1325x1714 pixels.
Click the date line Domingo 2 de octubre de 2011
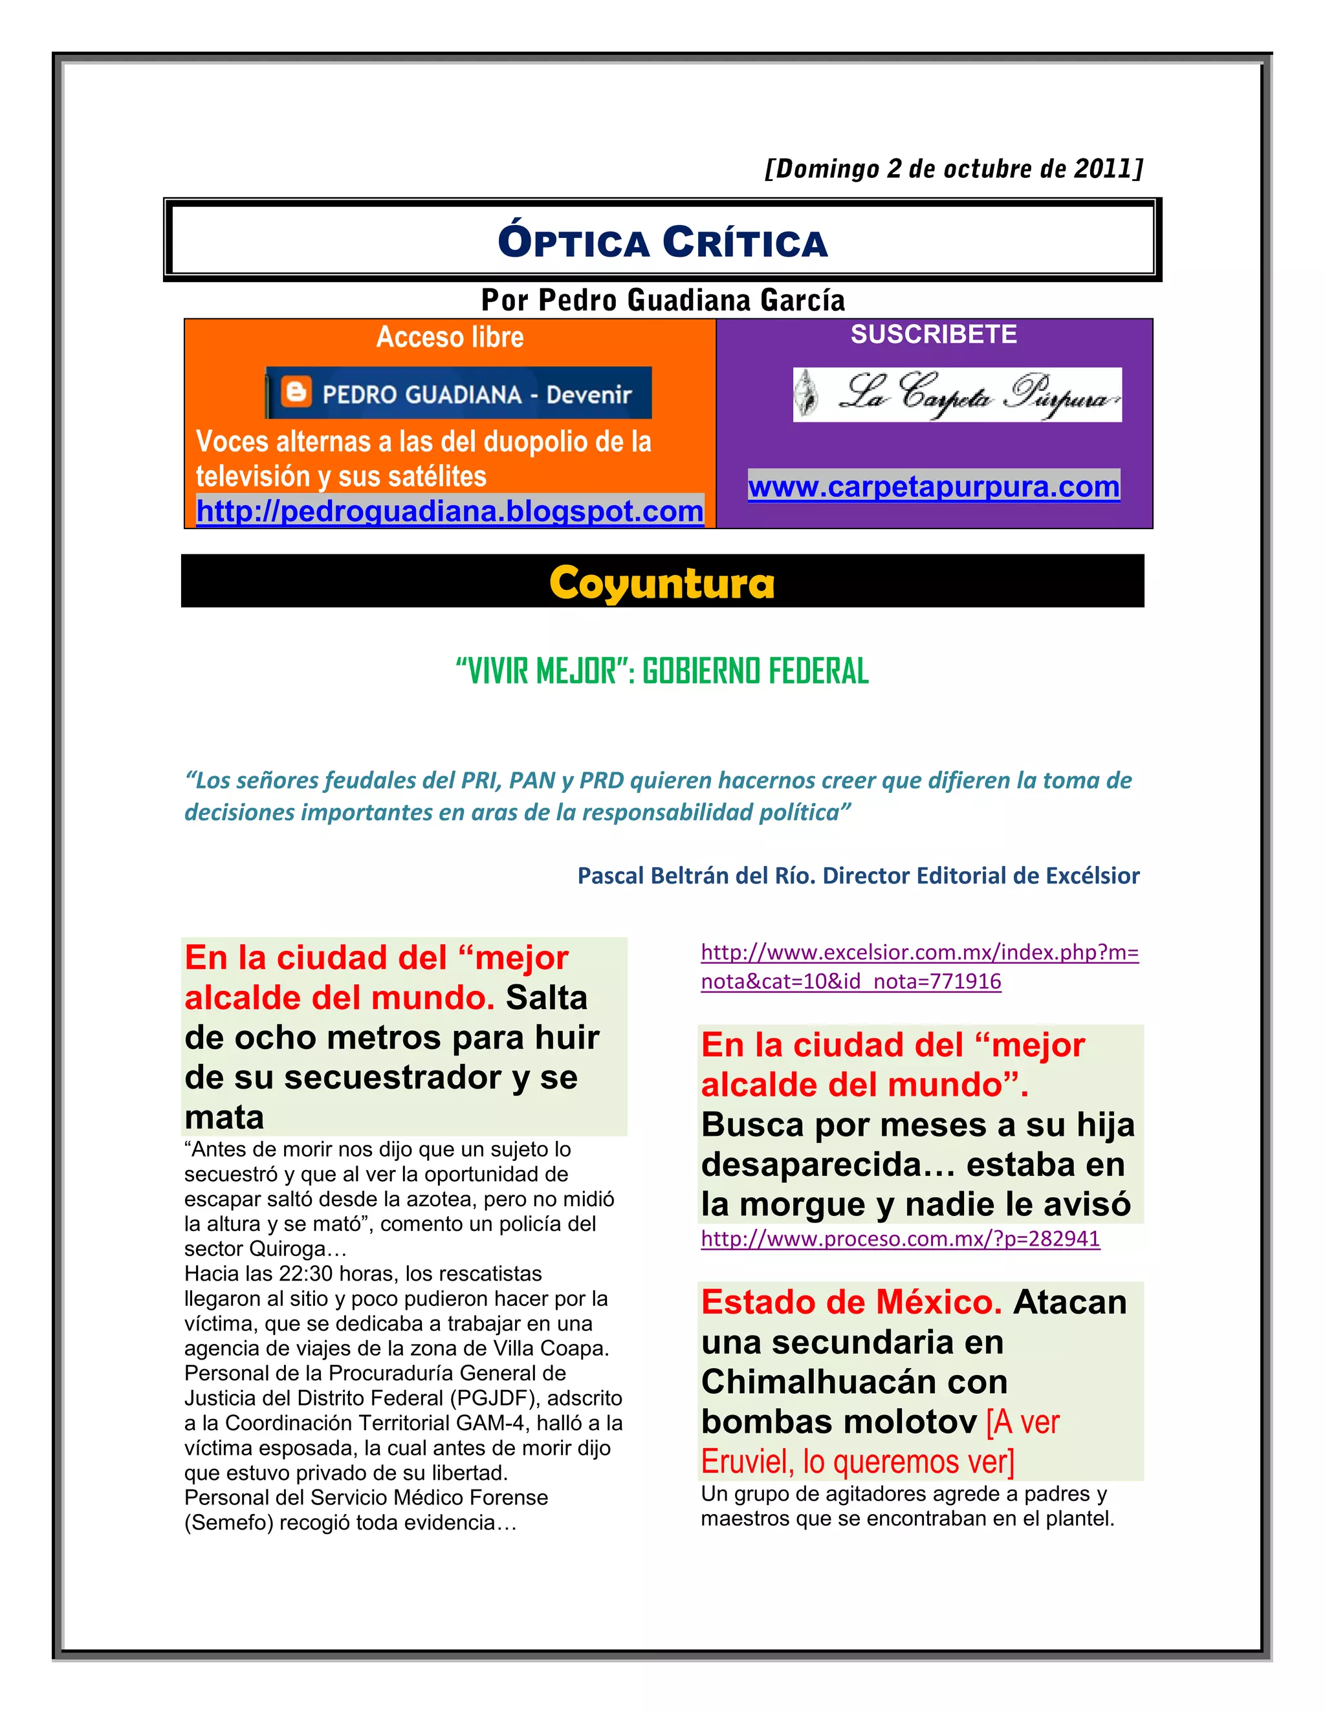[x=954, y=169]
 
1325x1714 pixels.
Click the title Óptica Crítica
[x=662, y=242]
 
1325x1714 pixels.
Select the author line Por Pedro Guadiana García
[x=662, y=301]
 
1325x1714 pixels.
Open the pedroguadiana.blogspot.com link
[x=450, y=511]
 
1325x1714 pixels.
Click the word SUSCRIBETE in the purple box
[x=934, y=334]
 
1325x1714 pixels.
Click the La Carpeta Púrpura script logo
[x=957, y=394]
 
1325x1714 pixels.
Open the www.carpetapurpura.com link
[x=934, y=486]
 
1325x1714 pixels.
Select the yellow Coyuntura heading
[x=662, y=583]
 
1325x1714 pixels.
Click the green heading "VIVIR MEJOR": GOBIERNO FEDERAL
[x=662, y=671]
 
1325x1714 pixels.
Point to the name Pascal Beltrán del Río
[x=695, y=876]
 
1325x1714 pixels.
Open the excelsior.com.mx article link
[x=919, y=967]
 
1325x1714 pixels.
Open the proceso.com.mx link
[x=899, y=1239]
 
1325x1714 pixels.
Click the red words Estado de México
[x=851, y=1303]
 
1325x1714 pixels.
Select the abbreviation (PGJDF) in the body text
[x=500, y=1398]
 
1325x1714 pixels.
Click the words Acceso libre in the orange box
[x=450, y=338]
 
